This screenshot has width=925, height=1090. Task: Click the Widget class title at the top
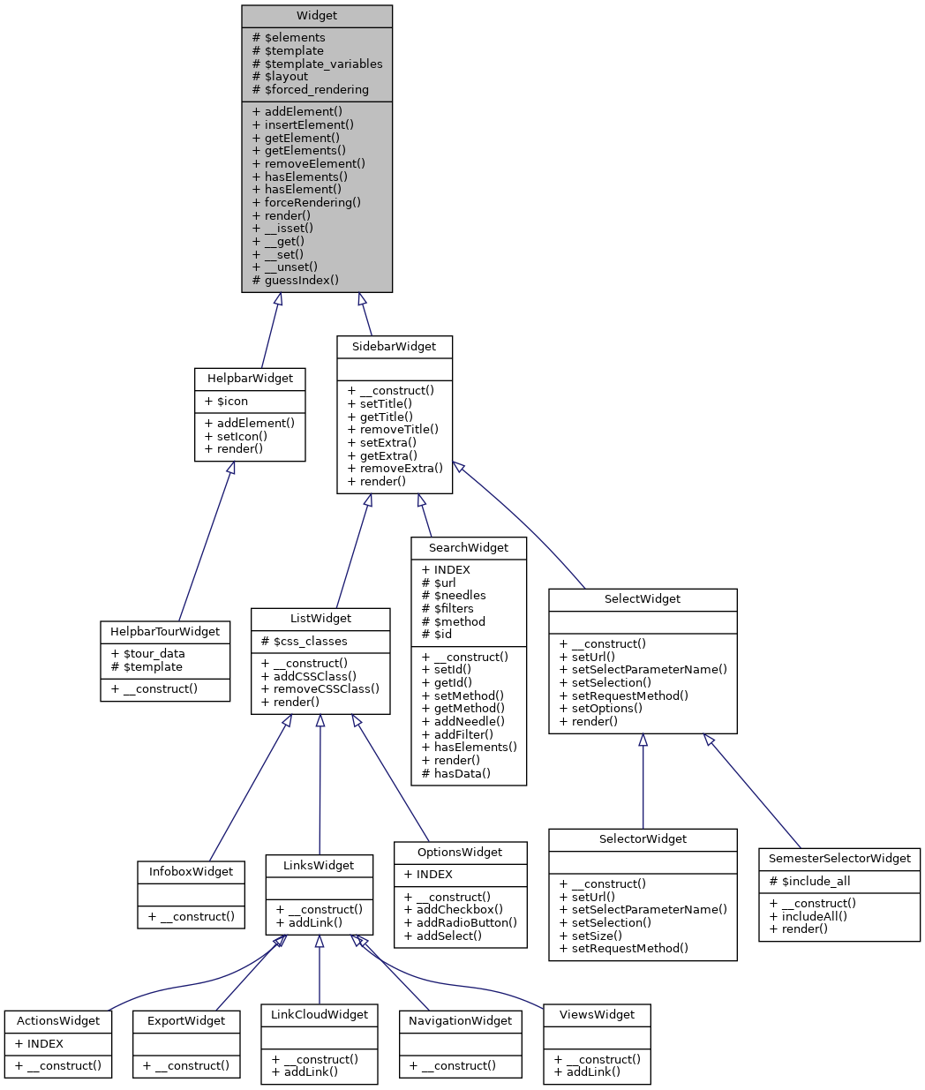point(316,16)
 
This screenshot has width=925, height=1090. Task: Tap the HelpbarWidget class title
point(250,379)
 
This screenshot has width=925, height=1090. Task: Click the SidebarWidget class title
point(394,347)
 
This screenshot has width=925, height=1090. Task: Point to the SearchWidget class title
point(468,548)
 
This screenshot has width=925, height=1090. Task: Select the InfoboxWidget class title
point(191,872)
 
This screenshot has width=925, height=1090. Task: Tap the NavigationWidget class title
point(460,1021)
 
